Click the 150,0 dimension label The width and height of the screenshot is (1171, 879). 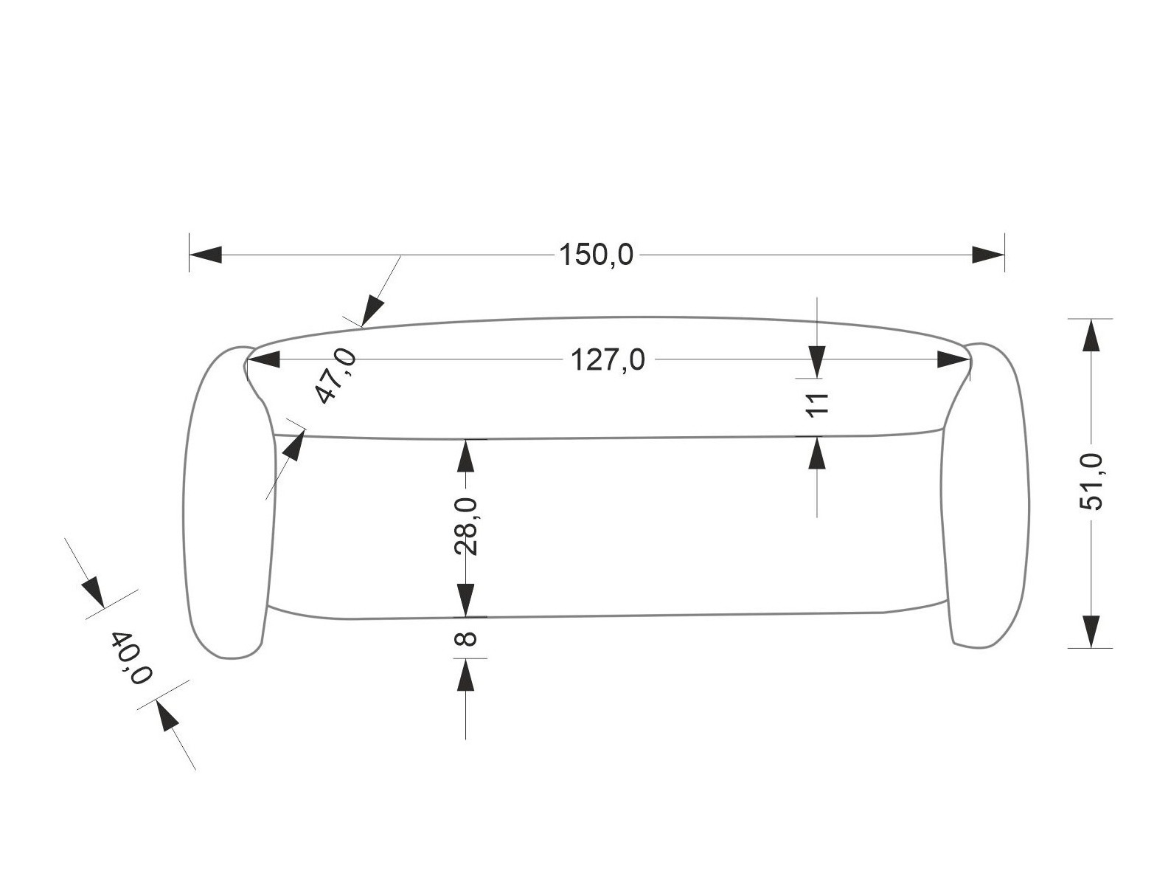[596, 255]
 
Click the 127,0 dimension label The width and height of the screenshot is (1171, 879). [608, 361]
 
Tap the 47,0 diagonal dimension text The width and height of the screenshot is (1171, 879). [336, 377]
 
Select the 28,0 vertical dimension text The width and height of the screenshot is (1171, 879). [466, 527]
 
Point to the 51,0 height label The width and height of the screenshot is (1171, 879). [1091, 482]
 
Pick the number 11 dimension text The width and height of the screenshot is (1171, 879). [817, 404]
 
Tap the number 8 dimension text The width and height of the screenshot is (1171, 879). [466, 638]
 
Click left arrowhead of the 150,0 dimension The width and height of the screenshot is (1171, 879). [206, 255]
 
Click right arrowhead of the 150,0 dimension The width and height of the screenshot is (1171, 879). [988, 255]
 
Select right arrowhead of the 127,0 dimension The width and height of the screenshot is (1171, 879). [953, 360]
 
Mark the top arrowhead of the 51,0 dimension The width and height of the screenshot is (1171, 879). [1091, 336]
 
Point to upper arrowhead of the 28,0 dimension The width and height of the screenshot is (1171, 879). [465, 457]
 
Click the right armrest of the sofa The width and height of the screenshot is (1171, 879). [987, 494]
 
